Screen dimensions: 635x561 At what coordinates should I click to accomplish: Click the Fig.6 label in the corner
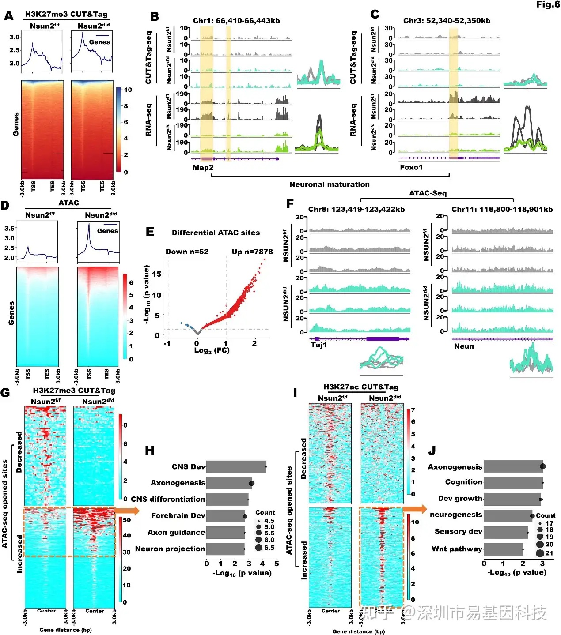click(548, 4)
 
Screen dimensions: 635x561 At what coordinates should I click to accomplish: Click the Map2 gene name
click(203, 168)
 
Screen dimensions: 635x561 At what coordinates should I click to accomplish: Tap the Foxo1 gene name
click(411, 167)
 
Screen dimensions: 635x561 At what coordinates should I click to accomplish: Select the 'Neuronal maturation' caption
click(329, 184)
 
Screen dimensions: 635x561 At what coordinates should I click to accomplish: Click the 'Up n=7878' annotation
click(252, 252)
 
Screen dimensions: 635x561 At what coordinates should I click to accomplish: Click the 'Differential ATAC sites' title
click(216, 233)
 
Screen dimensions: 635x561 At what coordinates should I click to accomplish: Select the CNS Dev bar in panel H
click(236, 467)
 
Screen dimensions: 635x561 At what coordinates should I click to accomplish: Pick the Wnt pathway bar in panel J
click(503, 549)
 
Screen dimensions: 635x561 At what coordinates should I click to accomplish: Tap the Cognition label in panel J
click(463, 482)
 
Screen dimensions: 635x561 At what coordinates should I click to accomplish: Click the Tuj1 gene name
click(318, 345)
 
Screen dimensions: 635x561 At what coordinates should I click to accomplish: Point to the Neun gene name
click(464, 346)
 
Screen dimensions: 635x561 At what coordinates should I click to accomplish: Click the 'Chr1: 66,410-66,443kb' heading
click(236, 21)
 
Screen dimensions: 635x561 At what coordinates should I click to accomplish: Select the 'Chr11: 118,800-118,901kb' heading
click(502, 210)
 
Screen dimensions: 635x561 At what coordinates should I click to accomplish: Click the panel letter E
click(150, 232)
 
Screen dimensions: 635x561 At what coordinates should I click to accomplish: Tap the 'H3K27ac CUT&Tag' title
click(360, 387)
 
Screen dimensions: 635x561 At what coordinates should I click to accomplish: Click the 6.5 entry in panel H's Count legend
click(265, 548)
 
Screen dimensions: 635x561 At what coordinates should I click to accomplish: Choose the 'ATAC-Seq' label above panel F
click(428, 193)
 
